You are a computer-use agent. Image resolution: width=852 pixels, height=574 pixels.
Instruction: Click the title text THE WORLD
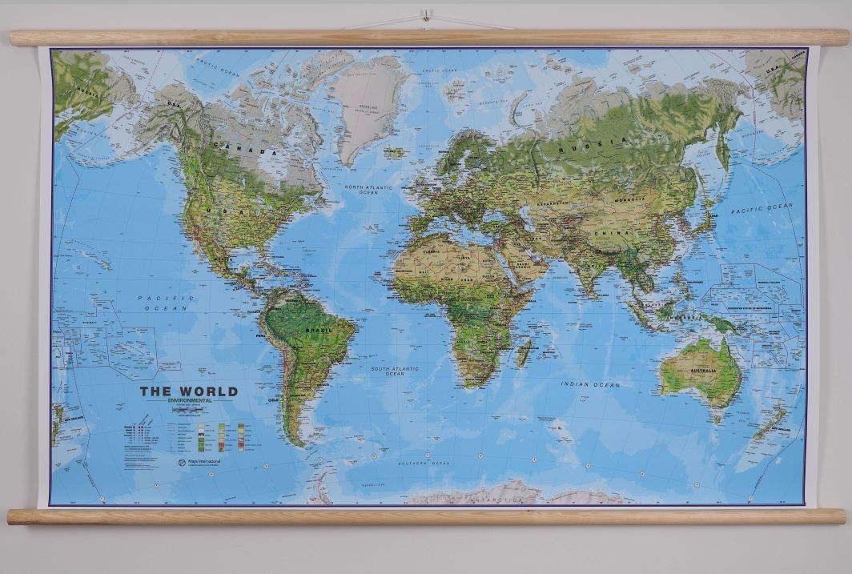click(x=189, y=391)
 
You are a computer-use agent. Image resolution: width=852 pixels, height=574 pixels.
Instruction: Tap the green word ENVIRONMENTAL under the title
click(x=190, y=400)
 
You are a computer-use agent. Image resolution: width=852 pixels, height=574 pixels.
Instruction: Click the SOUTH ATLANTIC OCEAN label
click(x=394, y=371)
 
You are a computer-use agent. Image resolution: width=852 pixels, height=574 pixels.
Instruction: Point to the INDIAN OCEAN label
click(x=590, y=384)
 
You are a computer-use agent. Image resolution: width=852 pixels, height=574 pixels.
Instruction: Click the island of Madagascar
click(x=524, y=351)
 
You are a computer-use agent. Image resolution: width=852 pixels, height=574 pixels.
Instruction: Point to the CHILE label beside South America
click(x=274, y=399)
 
